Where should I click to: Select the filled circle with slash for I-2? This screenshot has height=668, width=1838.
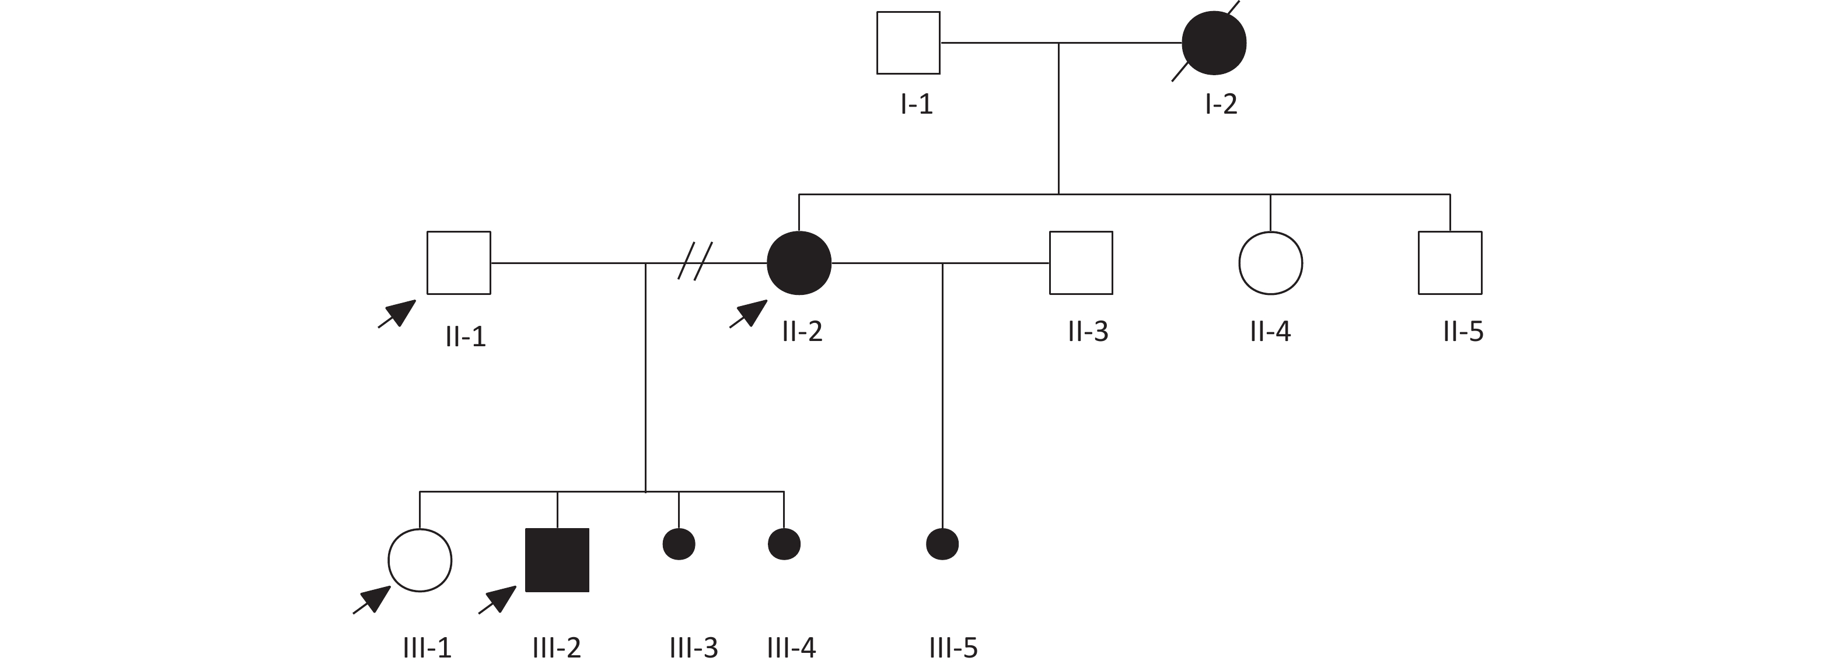coord(1214,43)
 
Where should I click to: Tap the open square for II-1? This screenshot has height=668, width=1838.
coord(458,262)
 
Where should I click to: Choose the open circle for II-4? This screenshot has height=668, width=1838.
coord(1270,262)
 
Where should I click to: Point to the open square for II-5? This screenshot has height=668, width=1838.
coord(1449,262)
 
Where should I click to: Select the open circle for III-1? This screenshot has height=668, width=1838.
coord(420,560)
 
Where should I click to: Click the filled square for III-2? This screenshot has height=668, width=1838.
coord(557,560)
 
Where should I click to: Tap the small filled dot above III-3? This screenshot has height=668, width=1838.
coord(679,544)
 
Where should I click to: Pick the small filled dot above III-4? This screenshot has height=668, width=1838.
coord(784,544)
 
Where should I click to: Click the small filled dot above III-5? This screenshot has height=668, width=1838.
coord(942,544)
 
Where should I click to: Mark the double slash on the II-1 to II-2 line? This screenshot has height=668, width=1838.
coord(694,261)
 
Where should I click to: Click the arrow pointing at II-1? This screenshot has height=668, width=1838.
coord(398,313)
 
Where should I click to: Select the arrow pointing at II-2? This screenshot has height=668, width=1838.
coord(749,313)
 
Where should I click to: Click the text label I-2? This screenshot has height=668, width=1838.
coord(1221,104)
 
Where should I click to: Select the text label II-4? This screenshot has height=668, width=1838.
coord(1270,332)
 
